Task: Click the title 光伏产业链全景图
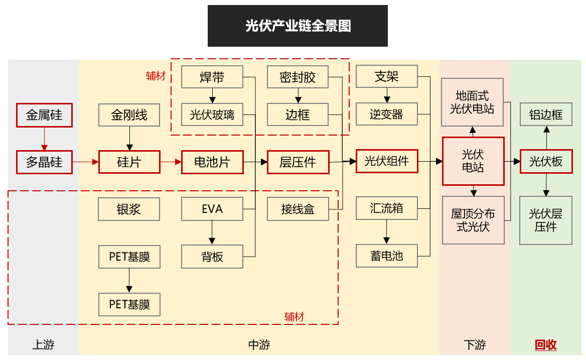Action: point(298,26)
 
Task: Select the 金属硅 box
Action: point(44,115)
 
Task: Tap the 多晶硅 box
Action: point(44,162)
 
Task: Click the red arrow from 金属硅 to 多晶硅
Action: point(44,139)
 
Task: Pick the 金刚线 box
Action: point(129,115)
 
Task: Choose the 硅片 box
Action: point(129,162)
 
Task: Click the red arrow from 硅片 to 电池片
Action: point(171,162)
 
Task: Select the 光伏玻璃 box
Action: point(212,115)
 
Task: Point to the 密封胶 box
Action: point(298,77)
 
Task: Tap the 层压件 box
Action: point(298,162)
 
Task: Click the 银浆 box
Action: point(129,209)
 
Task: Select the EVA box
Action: point(212,209)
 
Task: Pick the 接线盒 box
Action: point(298,209)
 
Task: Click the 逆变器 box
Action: point(386,114)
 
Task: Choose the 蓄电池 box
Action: point(386,256)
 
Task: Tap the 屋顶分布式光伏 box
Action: point(473,220)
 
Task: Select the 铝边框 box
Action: point(546,115)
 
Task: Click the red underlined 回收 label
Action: point(546,345)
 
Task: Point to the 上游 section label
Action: point(43,345)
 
